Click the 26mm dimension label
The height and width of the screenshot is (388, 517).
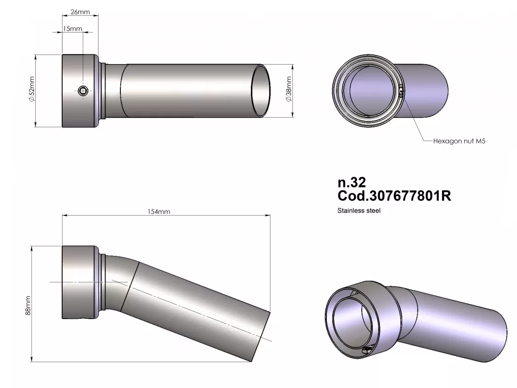tap(80, 12)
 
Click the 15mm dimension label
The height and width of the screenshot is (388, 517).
tap(73, 29)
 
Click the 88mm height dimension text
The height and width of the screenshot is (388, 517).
tap(28, 305)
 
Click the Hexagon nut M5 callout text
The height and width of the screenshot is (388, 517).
tap(459, 141)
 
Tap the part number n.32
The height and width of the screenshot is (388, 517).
tap(352, 182)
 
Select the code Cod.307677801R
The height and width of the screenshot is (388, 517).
tap(394, 196)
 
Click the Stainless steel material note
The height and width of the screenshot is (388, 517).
tap(359, 211)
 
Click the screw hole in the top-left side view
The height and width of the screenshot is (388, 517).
tap(84, 91)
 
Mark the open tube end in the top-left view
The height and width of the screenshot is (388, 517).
tap(261, 90)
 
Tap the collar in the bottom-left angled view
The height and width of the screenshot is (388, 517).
tap(79, 282)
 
